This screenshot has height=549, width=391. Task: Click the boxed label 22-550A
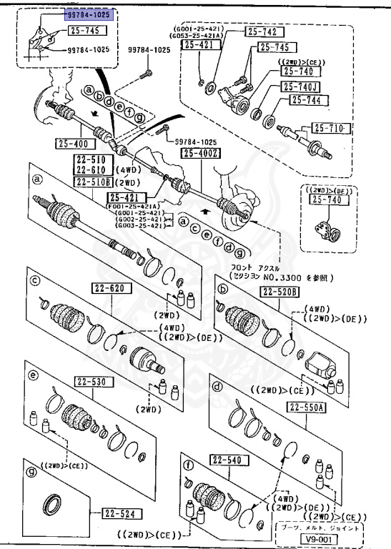[x=307, y=407]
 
